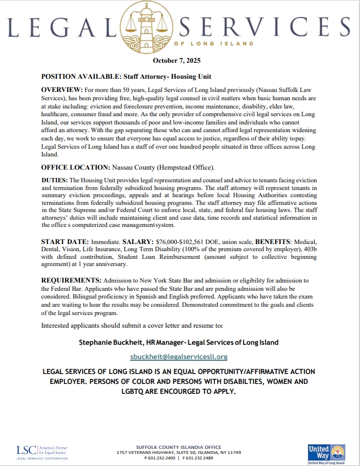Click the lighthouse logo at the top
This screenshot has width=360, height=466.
click(x=180, y=25)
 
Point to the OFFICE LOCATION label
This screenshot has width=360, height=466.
click(x=76, y=166)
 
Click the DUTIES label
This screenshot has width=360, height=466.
click(x=54, y=181)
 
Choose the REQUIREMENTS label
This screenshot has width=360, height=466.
click(x=71, y=280)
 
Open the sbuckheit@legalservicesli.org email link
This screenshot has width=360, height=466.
click(x=179, y=356)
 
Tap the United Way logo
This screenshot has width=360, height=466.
click(x=326, y=452)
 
